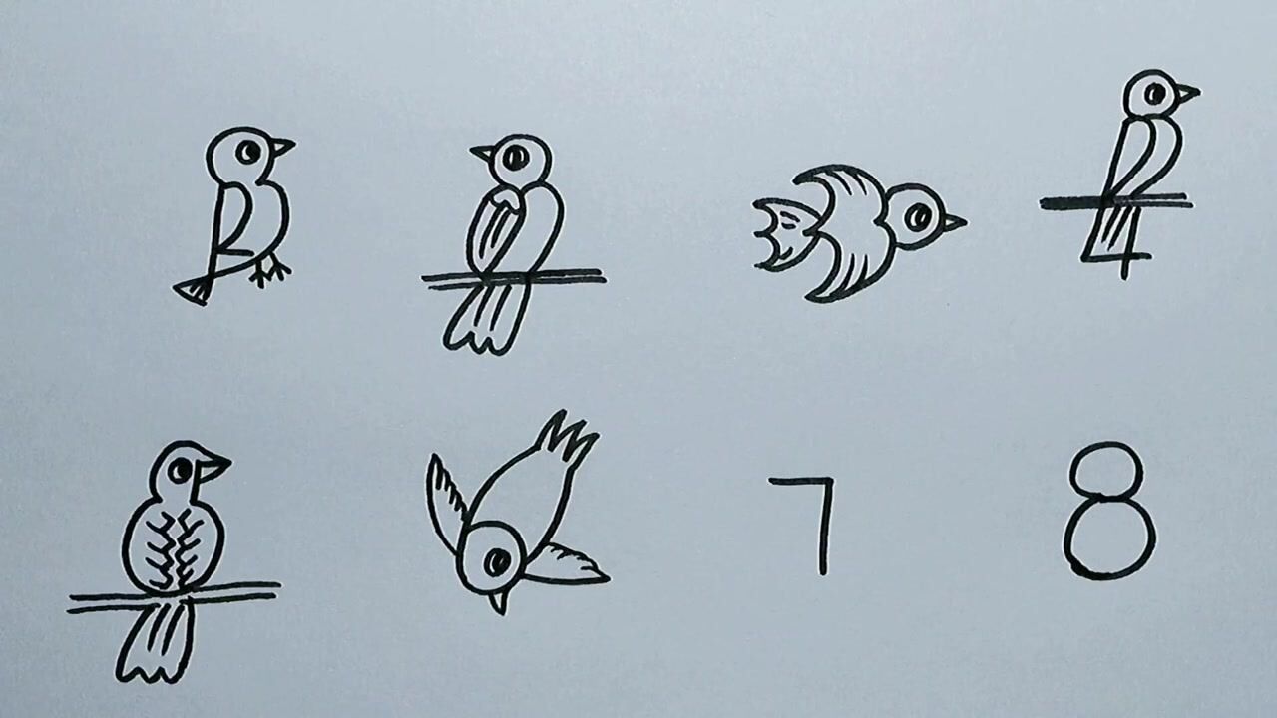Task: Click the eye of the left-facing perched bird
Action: (x=514, y=157)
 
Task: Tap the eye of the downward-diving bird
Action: (x=496, y=562)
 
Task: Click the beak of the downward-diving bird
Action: (x=497, y=601)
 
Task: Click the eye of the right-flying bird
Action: (x=921, y=215)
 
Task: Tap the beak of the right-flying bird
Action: (x=953, y=222)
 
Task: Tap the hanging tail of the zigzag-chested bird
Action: (x=158, y=643)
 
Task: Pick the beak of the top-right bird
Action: (x=1186, y=94)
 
